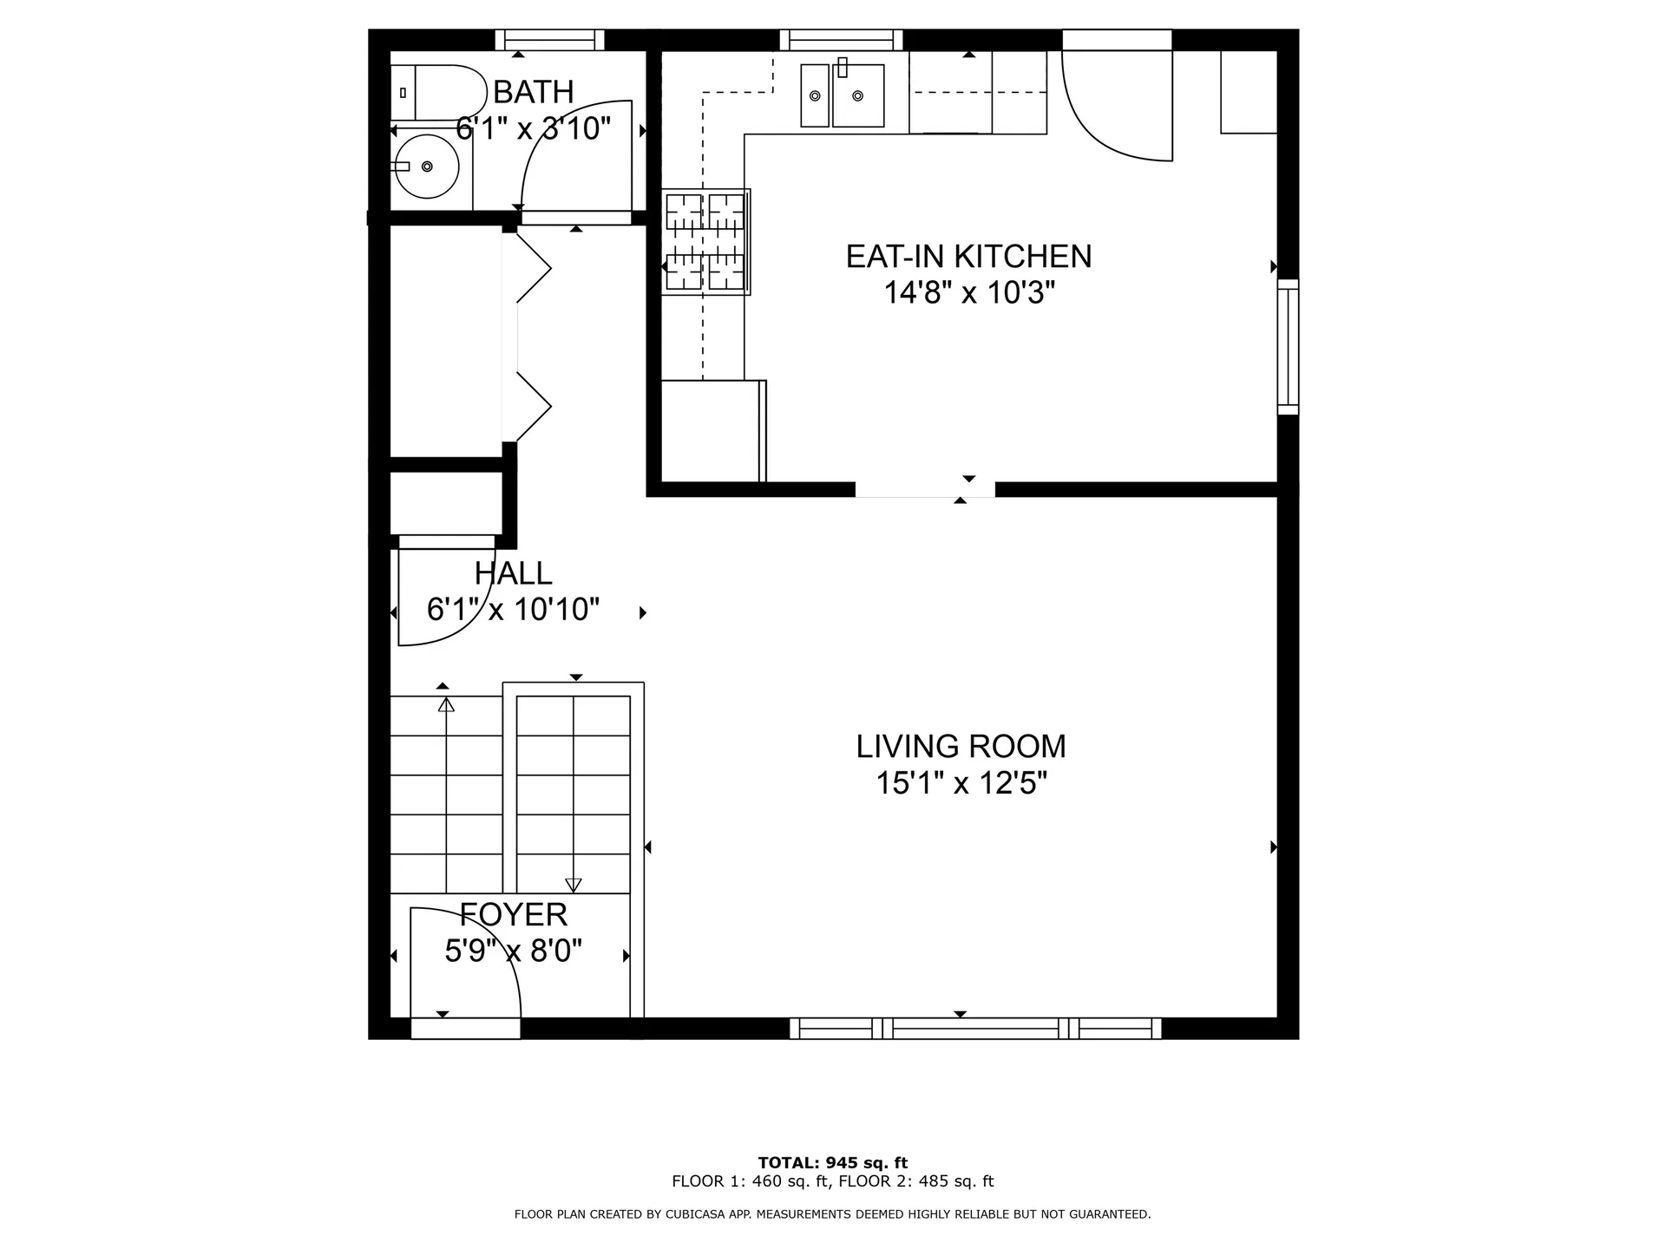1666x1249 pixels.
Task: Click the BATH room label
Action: click(x=533, y=92)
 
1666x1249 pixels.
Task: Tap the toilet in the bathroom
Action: click(x=443, y=92)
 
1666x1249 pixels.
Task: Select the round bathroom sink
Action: click(x=426, y=166)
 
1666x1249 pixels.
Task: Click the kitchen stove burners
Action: click(x=705, y=242)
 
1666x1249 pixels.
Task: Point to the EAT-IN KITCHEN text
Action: click(x=968, y=257)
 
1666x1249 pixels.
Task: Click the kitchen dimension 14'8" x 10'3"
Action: click(x=968, y=293)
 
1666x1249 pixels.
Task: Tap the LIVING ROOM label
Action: click(x=961, y=747)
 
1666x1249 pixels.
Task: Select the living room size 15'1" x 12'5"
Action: click(x=961, y=784)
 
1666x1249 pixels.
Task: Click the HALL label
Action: click(x=513, y=573)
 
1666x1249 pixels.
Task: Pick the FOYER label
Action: click(x=513, y=915)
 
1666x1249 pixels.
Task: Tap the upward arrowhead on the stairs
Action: click(x=446, y=704)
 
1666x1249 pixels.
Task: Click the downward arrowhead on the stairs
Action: click(x=573, y=885)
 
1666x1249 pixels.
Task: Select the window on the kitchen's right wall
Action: click(x=1289, y=346)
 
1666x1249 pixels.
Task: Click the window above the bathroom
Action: click(x=549, y=40)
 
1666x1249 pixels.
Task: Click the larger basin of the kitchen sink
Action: click(x=858, y=95)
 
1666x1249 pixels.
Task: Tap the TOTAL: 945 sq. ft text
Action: click(x=832, y=1163)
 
